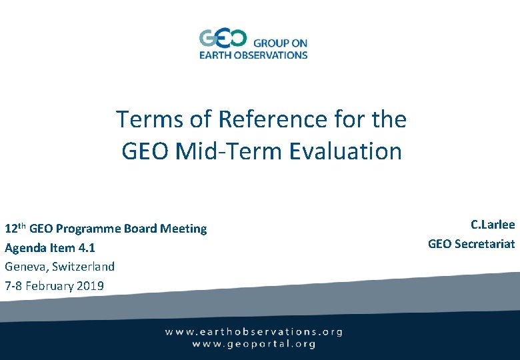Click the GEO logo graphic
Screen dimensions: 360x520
coord(223,38)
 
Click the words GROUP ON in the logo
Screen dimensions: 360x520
coord(280,43)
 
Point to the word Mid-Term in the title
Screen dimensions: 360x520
coord(230,151)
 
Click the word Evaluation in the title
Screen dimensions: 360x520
coord(345,151)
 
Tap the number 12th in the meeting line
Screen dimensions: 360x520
coord(15,229)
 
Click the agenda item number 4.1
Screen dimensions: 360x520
coord(86,248)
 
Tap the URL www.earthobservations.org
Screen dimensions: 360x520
coord(254,331)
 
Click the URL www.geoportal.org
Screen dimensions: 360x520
coord(254,344)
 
